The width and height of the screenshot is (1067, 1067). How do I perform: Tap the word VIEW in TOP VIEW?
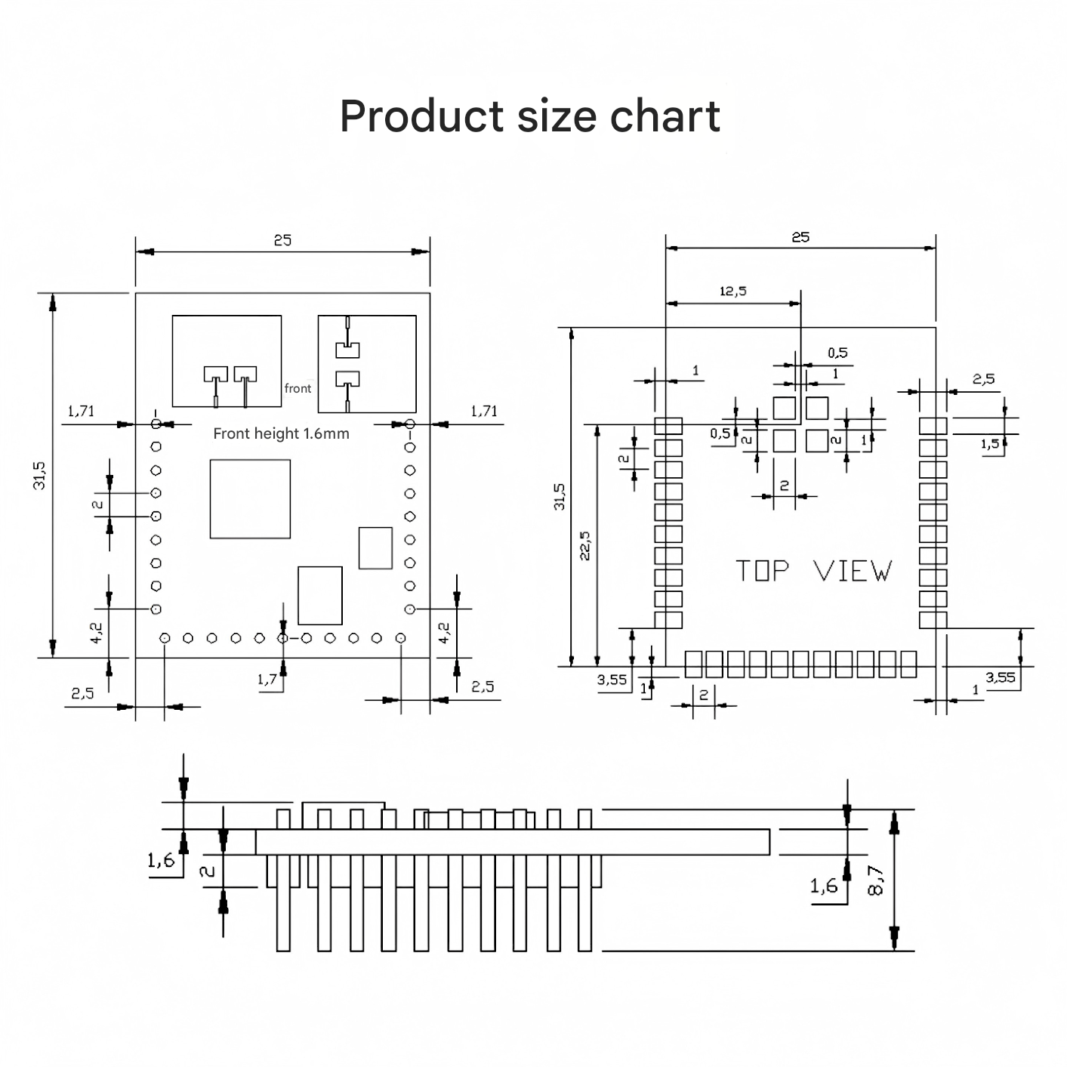point(853,571)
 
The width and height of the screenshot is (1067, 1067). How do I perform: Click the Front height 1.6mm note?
point(281,433)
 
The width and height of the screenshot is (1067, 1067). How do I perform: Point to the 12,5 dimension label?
point(732,291)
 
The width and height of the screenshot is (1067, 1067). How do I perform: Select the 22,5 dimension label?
point(585,545)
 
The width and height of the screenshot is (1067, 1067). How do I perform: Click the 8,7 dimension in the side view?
point(876,880)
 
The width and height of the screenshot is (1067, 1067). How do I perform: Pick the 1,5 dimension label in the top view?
point(990,444)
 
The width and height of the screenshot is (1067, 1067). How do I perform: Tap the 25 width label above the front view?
point(282,240)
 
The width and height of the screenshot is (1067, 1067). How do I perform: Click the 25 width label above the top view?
point(800,237)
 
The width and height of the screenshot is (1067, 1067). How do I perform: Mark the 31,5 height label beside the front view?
point(39,475)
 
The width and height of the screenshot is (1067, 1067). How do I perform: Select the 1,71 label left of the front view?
point(81,411)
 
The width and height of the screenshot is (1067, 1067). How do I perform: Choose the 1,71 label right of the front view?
point(484,411)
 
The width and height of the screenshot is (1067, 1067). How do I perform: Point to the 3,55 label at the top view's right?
point(1001,677)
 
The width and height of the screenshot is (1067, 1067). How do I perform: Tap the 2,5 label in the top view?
point(983,379)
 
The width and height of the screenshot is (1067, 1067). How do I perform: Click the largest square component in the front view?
point(250,498)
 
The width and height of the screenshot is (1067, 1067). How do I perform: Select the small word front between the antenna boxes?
point(298,388)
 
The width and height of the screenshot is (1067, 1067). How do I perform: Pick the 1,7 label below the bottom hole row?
point(267,679)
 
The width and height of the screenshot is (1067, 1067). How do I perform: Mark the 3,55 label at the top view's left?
point(612,679)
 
